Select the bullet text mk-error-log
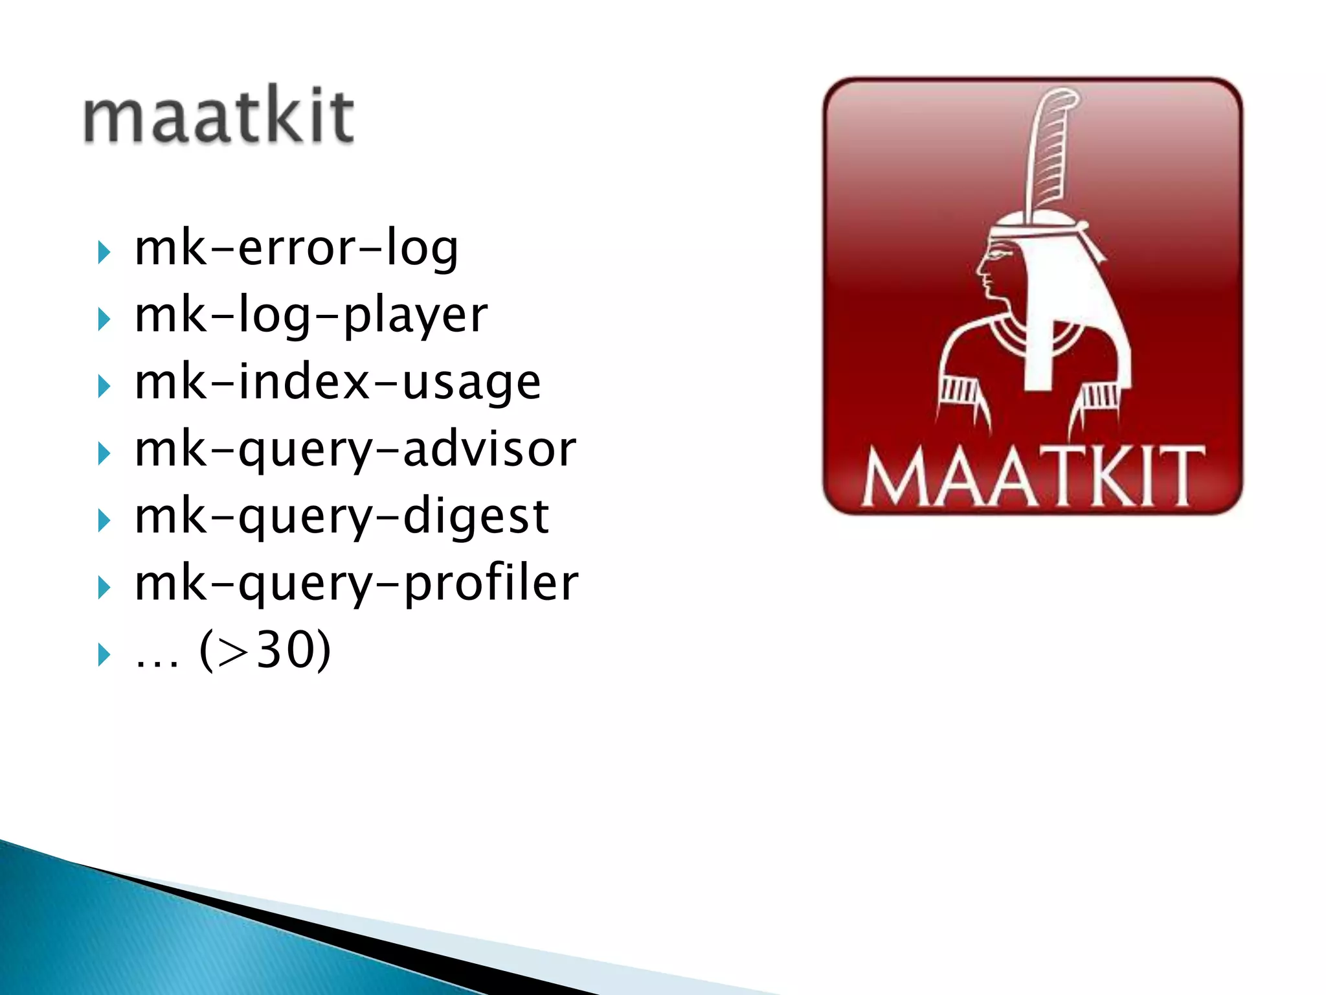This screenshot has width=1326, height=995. tap(297, 249)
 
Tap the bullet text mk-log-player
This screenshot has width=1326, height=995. tap(311, 316)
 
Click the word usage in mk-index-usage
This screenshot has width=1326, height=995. tap(471, 383)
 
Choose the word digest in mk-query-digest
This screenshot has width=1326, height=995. tap(476, 517)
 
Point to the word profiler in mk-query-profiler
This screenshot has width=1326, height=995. tap(491, 583)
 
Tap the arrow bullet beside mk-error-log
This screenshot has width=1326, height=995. tap(104, 252)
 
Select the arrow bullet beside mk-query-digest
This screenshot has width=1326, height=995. tap(104, 521)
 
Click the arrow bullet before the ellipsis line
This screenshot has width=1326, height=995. tap(104, 655)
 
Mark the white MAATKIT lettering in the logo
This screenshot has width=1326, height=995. tap(1033, 476)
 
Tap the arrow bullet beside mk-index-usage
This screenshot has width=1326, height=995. tap(104, 387)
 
